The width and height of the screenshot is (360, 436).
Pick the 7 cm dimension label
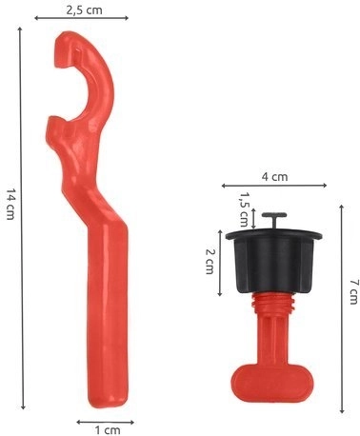click(x=352, y=290)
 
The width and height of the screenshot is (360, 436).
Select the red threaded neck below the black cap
click(x=274, y=309)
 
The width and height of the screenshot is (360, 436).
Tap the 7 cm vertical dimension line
click(x=340, y=305)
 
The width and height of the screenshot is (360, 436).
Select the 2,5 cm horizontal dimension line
click(x=82, y=20)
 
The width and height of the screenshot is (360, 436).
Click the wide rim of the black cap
click(x=276, y=234)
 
